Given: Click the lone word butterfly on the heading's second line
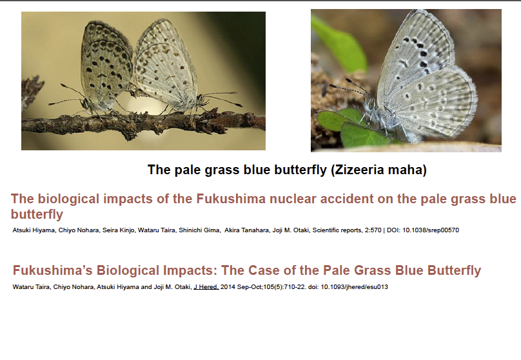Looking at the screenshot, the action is (x=37, y=214).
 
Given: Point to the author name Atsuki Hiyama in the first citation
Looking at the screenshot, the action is (x=34, y=230).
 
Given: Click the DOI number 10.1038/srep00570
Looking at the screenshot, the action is (x=431, y=230).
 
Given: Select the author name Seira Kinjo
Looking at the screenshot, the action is (x=118, y=230).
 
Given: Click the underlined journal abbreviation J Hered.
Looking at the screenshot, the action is (x=206, y=287).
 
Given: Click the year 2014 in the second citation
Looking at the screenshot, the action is (x=228, y=287).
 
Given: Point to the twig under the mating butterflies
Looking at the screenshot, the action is (x=144, y=124).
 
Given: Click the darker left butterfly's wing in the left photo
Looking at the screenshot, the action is (x=106, y=63).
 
